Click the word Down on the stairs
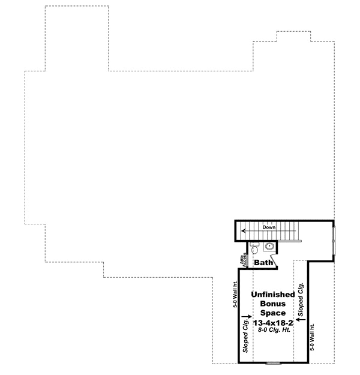tap(268, 227)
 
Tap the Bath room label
tap(265, 263)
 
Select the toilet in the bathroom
tap(254, 247)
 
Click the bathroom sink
tap(270, 246)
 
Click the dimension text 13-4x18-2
tap(272, 323)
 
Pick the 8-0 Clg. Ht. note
tap(272, 331)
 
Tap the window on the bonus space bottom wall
tap(274, 362)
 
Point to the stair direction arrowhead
tap(244, 230)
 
